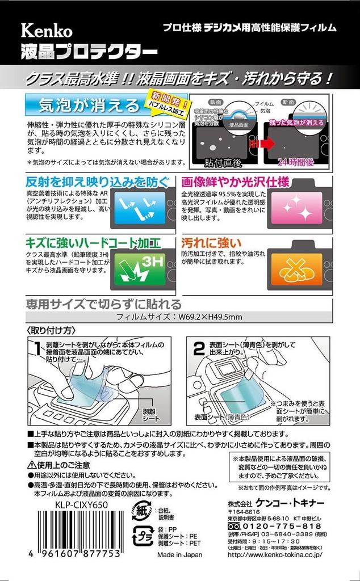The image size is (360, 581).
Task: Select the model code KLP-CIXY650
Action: coord(71,503)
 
